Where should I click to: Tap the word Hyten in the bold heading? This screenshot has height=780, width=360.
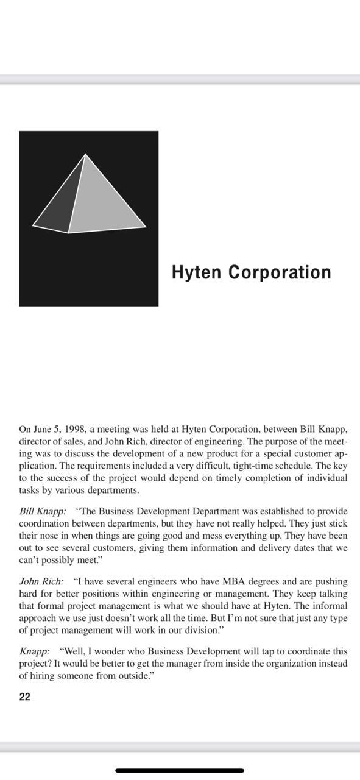tap(197, 272)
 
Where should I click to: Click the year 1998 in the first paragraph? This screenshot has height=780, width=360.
tap(72, 429)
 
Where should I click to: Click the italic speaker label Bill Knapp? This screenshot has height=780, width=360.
tap(43, 511)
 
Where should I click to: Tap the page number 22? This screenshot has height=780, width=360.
tap(24, 697)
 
